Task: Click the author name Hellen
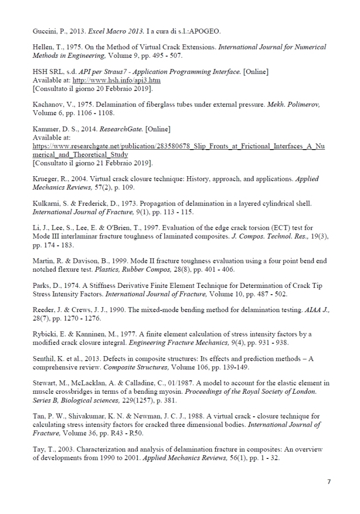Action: click(x=44, y=48)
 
